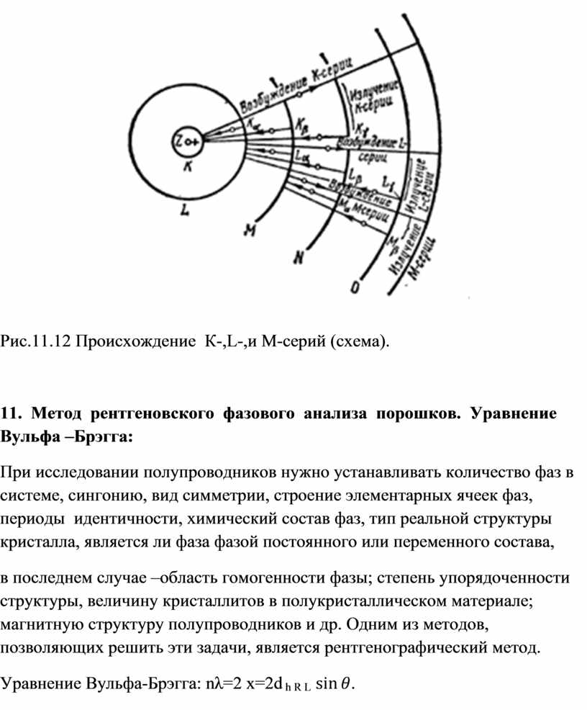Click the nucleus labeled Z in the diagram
coord(186,143)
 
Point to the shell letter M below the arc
coord(250,230)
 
